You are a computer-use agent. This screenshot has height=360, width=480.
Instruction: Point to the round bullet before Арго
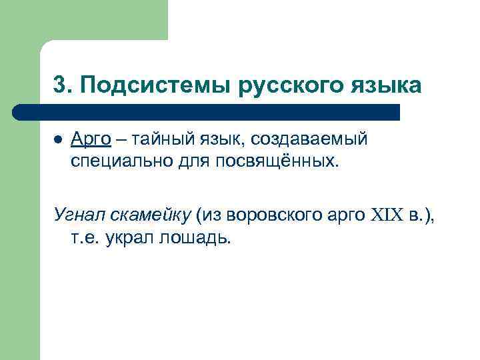[58, 141]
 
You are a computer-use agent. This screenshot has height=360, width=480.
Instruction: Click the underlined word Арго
[91, 141]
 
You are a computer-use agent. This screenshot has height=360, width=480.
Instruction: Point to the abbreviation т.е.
[85, 239]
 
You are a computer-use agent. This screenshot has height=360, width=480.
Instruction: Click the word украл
[129, 239]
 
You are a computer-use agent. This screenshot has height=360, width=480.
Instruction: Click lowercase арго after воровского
[345, 215]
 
